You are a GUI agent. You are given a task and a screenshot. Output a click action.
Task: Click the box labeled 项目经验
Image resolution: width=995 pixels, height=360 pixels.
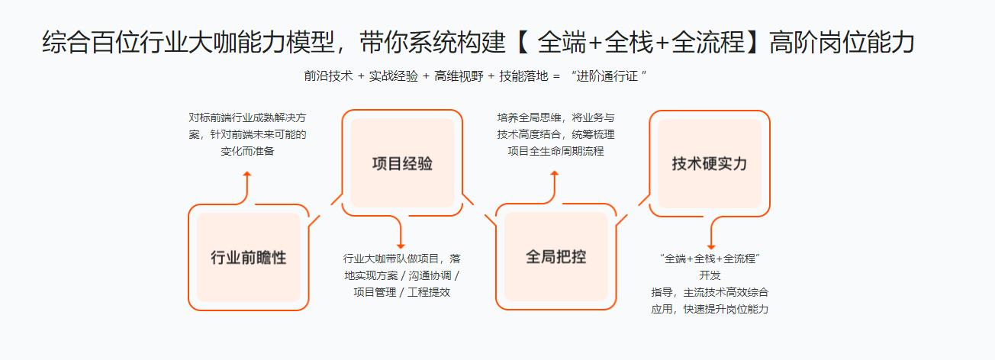402,163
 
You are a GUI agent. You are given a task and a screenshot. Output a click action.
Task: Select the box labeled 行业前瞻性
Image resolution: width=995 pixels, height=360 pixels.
249,257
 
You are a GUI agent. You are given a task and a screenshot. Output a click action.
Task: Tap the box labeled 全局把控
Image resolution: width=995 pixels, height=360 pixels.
555,256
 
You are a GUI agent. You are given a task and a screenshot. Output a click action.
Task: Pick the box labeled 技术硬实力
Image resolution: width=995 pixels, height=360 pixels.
709,163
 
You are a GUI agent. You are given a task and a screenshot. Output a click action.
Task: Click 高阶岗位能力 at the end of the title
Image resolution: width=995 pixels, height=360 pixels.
841,43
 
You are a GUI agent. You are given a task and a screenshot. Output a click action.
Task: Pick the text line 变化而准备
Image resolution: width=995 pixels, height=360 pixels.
247,151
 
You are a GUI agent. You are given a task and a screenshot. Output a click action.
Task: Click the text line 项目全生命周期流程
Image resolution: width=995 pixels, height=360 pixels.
555,151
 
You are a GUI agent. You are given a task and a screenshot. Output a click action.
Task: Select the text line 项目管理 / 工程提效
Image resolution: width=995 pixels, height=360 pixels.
401,291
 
